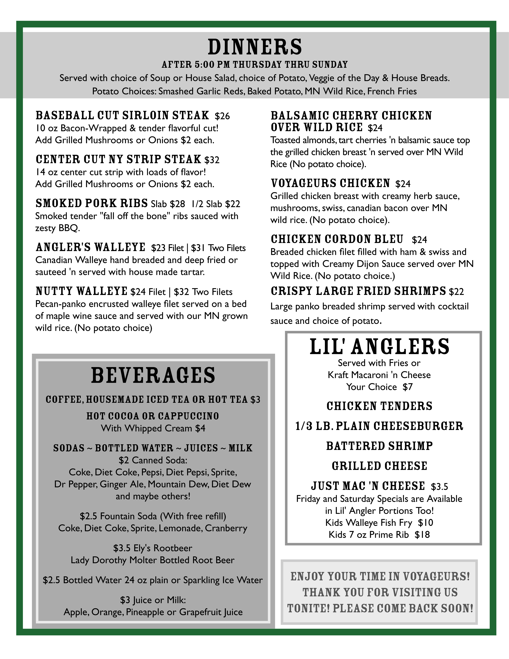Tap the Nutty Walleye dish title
(81, 291)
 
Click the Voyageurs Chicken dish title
(330, 183)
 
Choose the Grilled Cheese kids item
(379, 466)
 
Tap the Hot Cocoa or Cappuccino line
(153, 416)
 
